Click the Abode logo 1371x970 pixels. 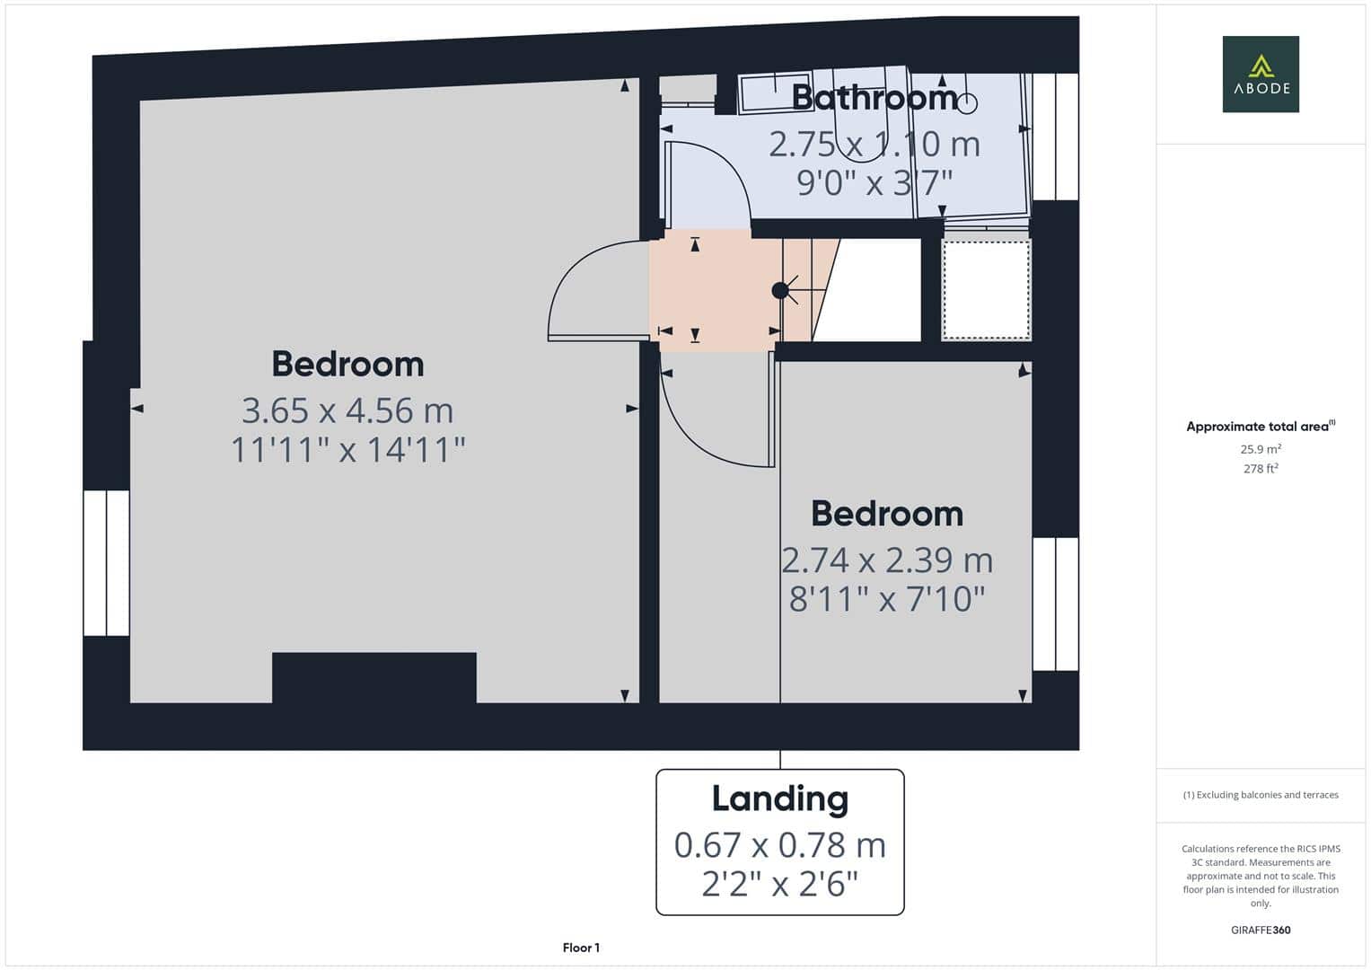click(1261, 74)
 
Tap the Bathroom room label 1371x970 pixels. click(874, 98)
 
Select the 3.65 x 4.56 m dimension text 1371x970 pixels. click(347, 410)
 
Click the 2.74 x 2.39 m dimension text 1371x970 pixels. click(887, 560)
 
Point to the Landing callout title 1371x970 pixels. click(780, 799)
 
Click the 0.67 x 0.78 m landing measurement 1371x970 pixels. click(780, 845)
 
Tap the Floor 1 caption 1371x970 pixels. click(582, 948)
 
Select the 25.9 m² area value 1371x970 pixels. click(1261, 449)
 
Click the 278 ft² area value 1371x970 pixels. click(1261, 469)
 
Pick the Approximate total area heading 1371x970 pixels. click(1261, 427)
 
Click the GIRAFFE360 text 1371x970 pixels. click(1261, 930)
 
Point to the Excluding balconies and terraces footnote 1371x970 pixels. click(1261, 795)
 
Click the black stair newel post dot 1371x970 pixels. click(780, 290)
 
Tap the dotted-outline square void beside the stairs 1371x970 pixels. click(986, 289)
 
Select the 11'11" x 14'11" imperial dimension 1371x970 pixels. click(347, 449)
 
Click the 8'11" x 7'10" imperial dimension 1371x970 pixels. click(887, 599)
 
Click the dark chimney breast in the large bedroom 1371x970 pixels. click(374, 677)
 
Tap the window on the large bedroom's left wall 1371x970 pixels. click(107, 563)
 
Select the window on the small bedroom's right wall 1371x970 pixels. click(1056, 604)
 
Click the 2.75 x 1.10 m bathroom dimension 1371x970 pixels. click(874, 145)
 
